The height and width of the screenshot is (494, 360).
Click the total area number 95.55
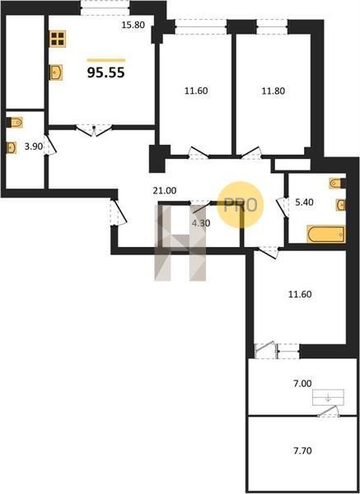click(106, 72)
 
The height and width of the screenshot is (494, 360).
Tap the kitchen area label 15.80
click(133, 25)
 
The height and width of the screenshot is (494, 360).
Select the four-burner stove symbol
click(58, 39)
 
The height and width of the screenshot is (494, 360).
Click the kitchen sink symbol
click(56, 72)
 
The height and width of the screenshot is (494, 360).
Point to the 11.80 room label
click(273, 91)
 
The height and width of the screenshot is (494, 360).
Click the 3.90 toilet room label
click(34, 147)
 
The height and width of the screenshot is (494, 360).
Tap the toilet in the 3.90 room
click(15, 122)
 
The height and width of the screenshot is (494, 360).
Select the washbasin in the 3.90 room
click(12, 147)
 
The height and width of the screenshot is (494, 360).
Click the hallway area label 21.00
click(165, 191)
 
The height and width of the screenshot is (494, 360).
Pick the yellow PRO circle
click(241, 205)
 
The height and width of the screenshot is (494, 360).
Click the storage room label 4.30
click(201, 223)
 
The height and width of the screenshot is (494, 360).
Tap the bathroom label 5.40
click(304, 202)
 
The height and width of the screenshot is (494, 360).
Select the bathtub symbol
click(326, 234)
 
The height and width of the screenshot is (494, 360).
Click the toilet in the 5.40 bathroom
click(337, 183)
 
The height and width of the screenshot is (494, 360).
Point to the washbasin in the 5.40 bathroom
click(341, 205)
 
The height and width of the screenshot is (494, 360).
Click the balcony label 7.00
click(302, 384)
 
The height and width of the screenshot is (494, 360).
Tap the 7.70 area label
click(302, 451)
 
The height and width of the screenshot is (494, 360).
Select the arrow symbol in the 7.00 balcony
click(328, 398)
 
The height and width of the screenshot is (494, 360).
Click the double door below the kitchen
click(94, 130)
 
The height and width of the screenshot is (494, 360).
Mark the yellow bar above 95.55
click(106, 60)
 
